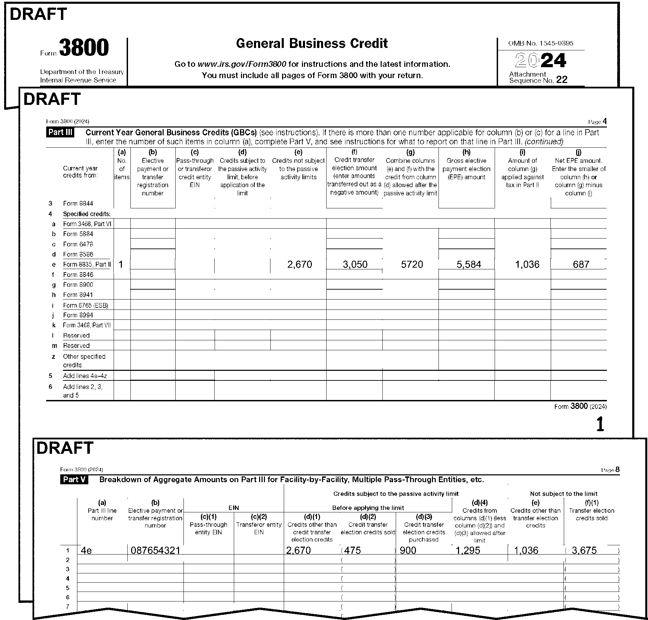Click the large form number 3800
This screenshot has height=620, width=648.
84,48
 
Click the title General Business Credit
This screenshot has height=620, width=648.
312,44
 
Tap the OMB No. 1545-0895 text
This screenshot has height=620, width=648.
541,43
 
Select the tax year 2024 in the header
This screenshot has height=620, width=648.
541,61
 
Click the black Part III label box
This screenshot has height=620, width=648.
60,132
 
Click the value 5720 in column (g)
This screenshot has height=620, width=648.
412,265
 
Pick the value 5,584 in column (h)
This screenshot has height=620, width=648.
469,265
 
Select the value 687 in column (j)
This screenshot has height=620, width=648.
581,265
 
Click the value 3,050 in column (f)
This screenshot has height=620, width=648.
355,265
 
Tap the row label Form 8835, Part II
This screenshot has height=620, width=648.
87,265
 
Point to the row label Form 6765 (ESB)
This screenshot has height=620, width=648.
86,305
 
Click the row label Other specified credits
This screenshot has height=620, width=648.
84,361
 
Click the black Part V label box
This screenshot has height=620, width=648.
74,479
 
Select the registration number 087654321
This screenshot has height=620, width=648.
155,550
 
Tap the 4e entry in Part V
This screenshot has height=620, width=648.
86,550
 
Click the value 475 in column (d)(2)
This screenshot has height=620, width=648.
353,550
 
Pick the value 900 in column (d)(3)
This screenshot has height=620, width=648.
408,550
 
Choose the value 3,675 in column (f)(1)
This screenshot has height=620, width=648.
584,550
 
